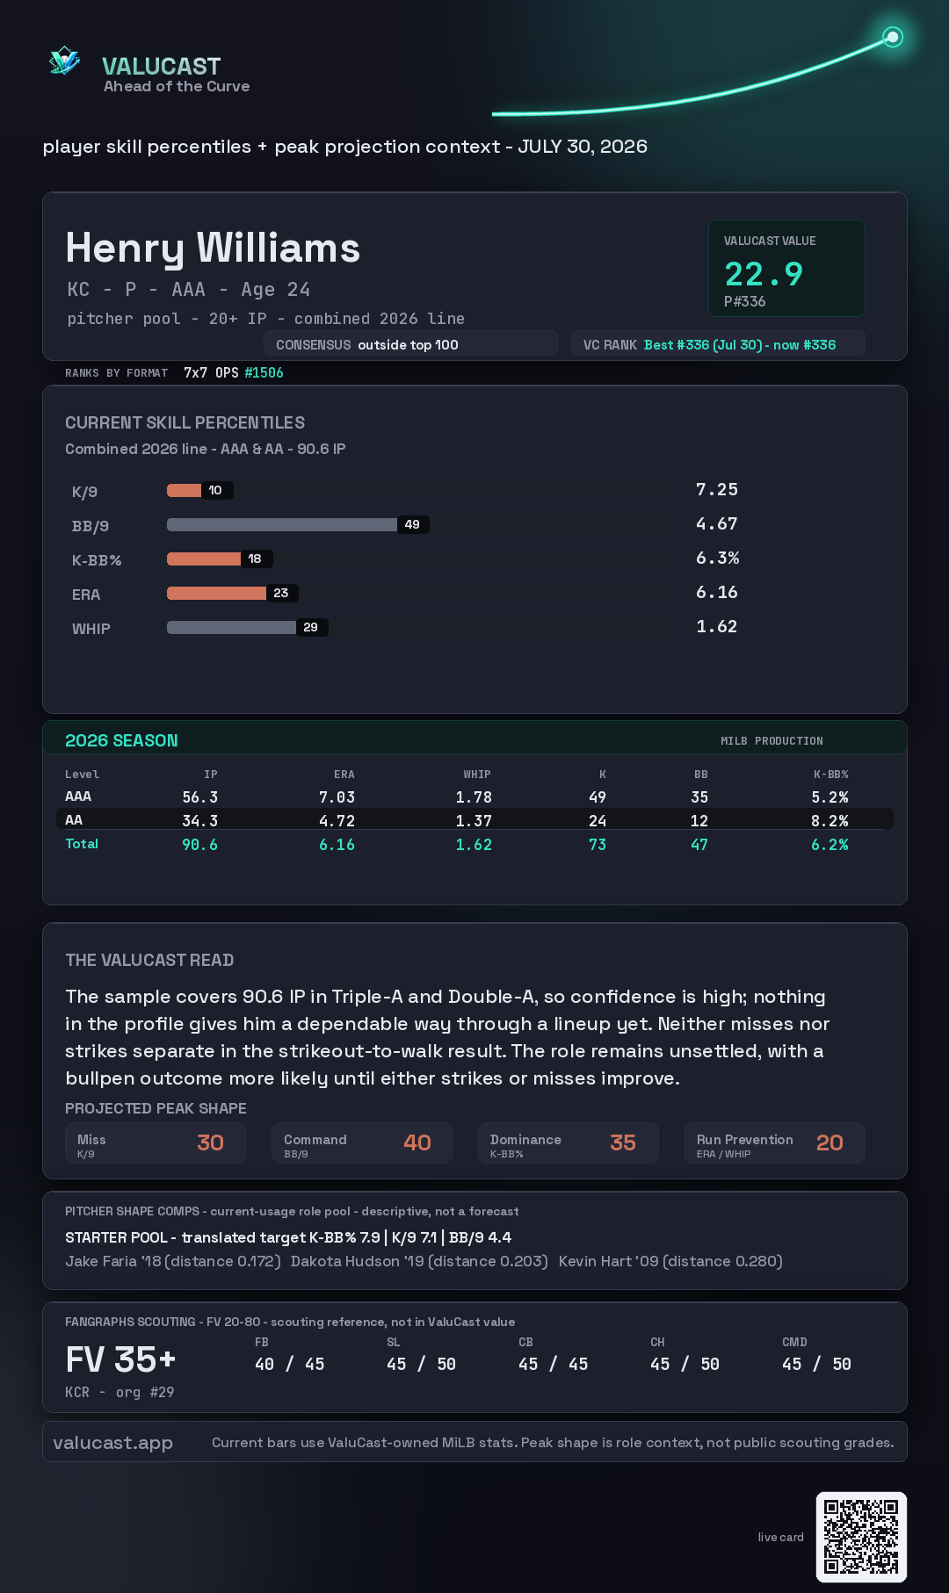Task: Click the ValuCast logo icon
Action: [x=64, y=61]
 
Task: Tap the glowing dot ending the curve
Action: [x=893, y=37]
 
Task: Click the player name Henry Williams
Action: [x=213, y=249]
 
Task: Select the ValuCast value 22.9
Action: [x=764, y=274]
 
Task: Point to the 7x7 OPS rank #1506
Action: [x=264, y=372]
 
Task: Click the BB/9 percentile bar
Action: [x=282, y=524]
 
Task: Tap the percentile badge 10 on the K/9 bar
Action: [x=215, y=490]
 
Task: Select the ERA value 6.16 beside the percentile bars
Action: [x=717, y=592]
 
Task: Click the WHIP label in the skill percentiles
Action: [x=91, y=629]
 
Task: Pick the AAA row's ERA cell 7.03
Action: [x=337, y=797]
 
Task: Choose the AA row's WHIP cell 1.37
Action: [x=474, y=821]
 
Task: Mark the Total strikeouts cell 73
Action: [x=598, y=845]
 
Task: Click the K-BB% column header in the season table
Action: [x=830, y=775]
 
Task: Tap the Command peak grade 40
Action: [x=417, y=1142]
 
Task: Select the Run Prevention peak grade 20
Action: [x=829, y=1142]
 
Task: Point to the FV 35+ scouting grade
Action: [x=121, y=1359]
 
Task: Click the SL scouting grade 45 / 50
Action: [x=421, y=1364]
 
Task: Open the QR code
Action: [x=861, y=1537]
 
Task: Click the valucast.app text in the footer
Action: [x=112, y=1443]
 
